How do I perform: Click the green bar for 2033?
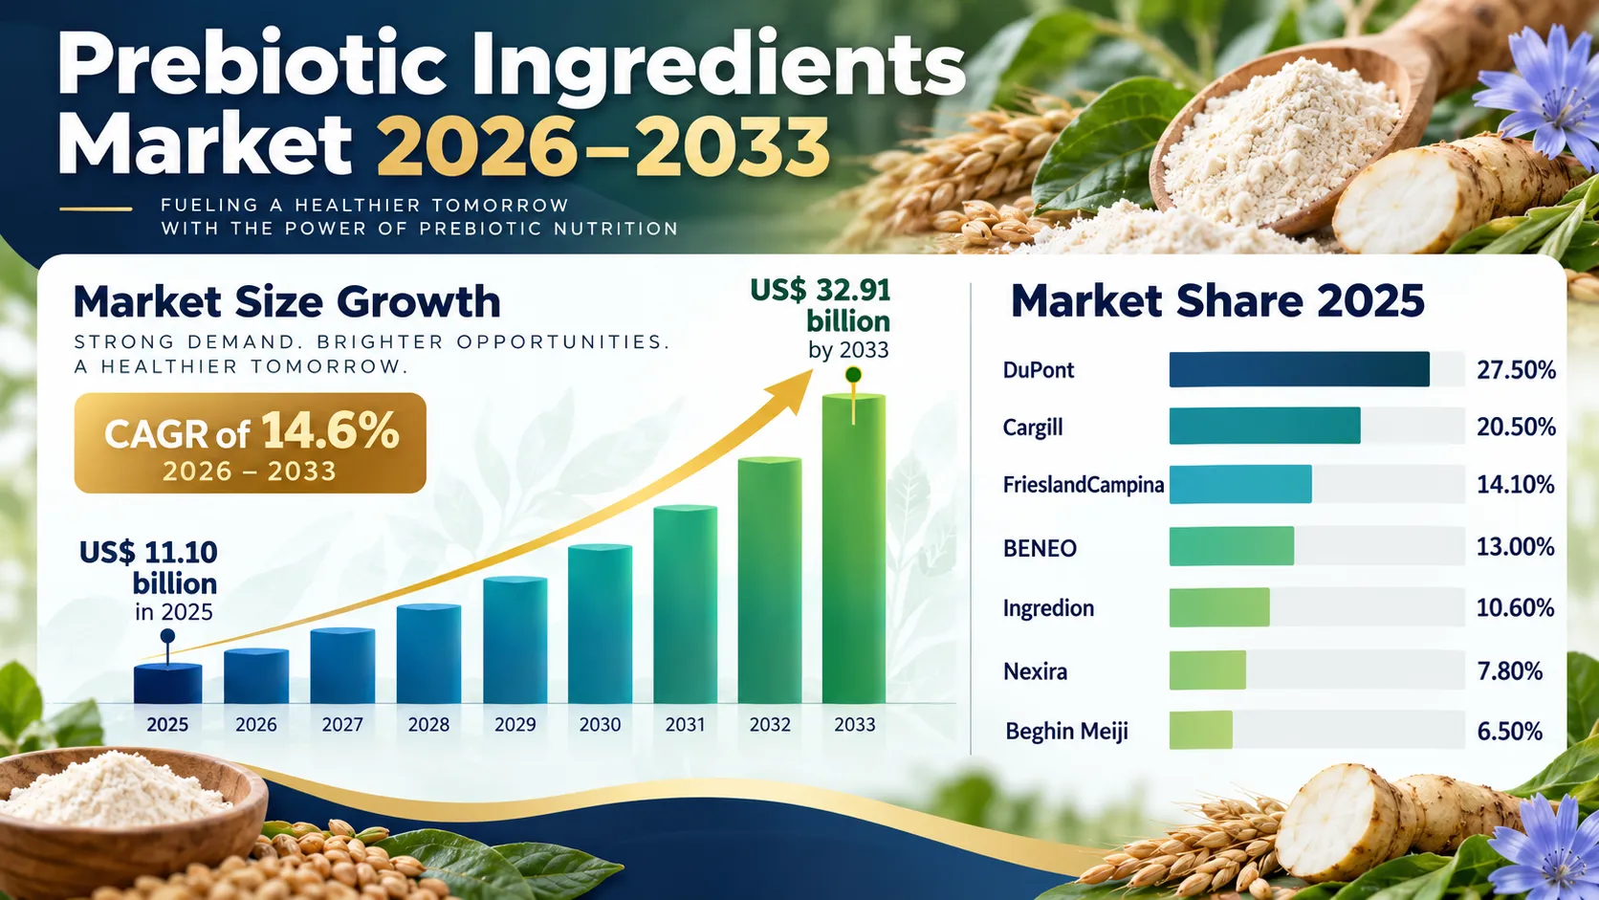(854, 548)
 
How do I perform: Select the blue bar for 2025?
(167, 684)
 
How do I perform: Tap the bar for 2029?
(515, 640)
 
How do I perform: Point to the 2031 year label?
(685, 724)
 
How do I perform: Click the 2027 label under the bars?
(342, 724)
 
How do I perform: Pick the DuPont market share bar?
(1299, 369)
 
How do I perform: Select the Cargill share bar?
(1265, 427)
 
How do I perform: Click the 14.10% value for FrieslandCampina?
(1516, 485)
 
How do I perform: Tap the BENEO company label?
(1040, 548)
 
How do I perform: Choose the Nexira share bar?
(1208, 670)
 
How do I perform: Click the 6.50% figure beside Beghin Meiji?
(1510, 732)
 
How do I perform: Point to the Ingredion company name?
(1048, 609)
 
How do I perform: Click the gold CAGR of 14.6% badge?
(250, 443)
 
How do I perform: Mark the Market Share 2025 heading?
(1217, 300)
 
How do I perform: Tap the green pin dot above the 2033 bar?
(853, 375)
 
